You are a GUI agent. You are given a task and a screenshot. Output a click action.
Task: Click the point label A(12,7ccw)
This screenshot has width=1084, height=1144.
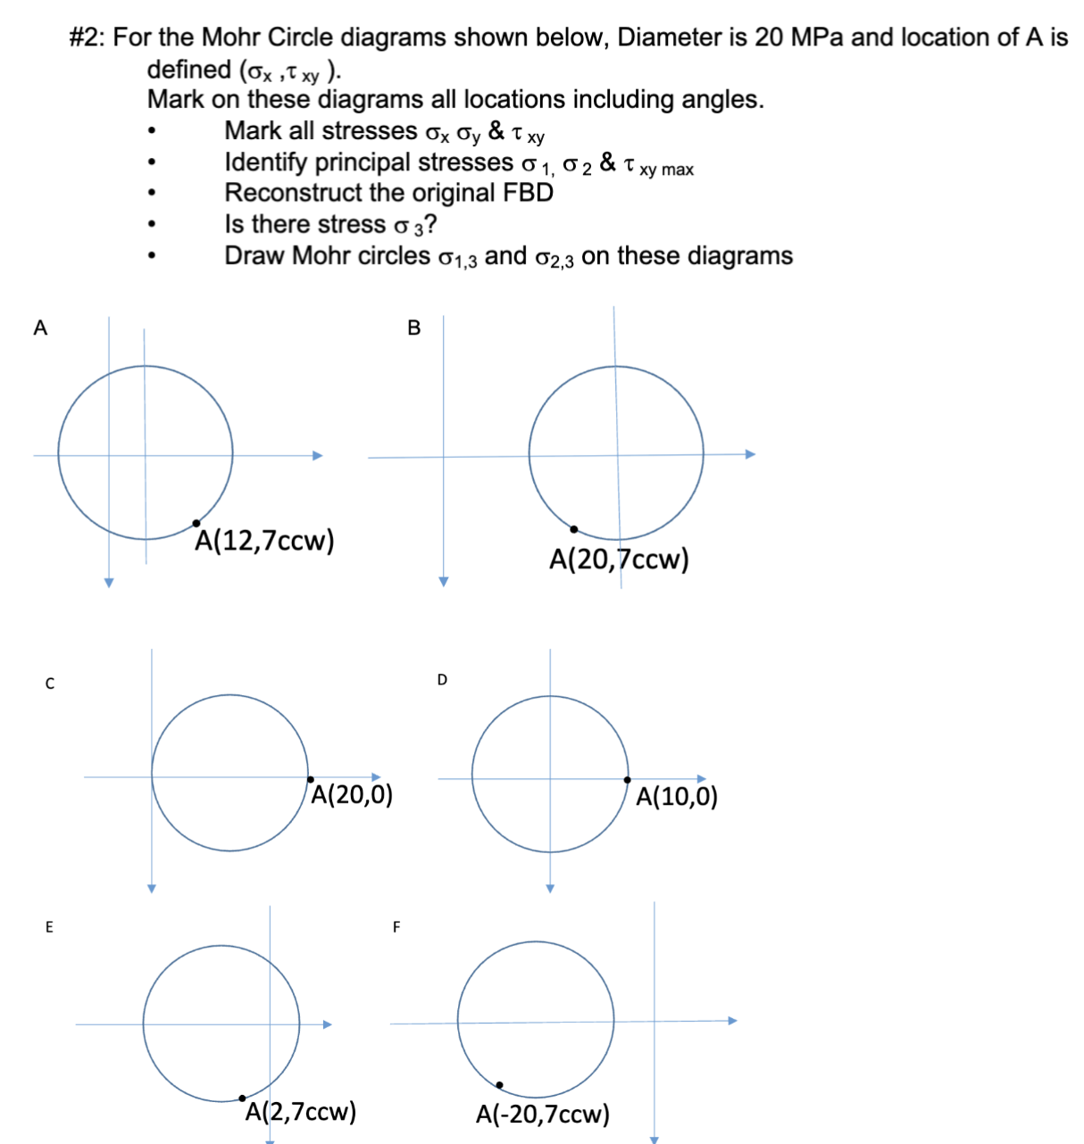[x=264, y=541]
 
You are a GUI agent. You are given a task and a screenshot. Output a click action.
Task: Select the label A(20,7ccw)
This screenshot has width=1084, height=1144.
[x=619, y=560]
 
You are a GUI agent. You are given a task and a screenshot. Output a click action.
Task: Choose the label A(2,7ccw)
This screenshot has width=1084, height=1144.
[x=300, y=1112]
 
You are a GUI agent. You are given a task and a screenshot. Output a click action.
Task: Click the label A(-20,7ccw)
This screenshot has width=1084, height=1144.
[x=543, y=1114]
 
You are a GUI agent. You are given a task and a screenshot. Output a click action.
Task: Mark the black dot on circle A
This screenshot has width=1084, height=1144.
[x=196, y=523]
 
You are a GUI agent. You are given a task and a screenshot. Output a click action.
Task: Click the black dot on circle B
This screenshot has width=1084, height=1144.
[x=573, y=529]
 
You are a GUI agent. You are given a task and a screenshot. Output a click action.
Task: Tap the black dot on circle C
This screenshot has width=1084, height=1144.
[x=309, y=778]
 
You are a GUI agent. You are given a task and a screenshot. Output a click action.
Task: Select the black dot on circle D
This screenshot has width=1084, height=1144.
[x=628, y=780]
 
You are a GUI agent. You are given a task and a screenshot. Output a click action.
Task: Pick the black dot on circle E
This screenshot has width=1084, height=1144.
[x=242, y=1098]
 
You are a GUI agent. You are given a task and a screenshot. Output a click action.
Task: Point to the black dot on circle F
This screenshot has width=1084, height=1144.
[x=499, y=1085]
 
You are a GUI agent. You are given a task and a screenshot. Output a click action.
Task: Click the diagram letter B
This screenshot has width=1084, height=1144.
[x=413, y=328]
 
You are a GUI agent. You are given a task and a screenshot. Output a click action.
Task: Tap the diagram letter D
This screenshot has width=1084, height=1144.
[x=442, y=680]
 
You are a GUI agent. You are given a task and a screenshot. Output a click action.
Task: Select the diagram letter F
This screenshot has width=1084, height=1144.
[x=397, y=927]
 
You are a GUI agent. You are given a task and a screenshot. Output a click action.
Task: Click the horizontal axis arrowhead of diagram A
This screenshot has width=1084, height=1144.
[x=317, y=455]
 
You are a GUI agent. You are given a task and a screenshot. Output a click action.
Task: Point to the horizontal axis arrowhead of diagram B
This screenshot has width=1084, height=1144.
[x=751, y=454]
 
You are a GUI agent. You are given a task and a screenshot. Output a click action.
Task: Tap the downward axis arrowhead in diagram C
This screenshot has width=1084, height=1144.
[x=152, y=888]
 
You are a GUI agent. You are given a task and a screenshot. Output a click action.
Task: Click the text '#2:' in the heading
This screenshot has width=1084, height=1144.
[x=88, y=37]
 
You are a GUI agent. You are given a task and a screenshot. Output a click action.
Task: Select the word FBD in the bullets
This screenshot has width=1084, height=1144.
[x=530, y=193]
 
